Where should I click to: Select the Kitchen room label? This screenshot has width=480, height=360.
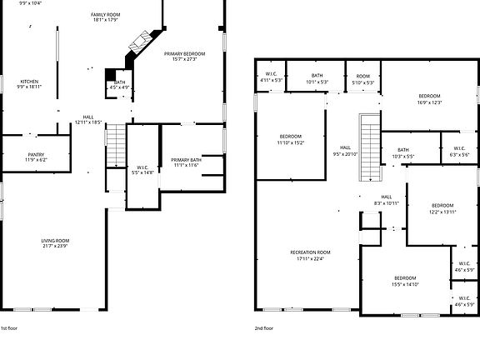[x=28, y=83]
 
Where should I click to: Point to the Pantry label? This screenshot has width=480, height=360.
[x=36, y=157]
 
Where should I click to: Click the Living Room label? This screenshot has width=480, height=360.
[x=55, y=243]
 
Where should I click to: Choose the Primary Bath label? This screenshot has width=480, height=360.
[x=185, y=162]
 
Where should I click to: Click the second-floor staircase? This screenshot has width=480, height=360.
[x=367, y=147]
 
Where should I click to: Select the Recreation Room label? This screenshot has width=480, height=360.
[x=310, y=254]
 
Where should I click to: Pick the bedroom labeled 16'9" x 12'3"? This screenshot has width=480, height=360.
[x=430, y=99]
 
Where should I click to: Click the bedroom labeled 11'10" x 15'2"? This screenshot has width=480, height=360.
[x=290, y=139]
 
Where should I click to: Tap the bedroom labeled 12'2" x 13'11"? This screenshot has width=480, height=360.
[x=442, y=208]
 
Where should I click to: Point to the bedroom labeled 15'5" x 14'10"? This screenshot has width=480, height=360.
[x=406, y=281]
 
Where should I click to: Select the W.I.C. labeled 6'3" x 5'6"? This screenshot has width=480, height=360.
[x=459, y=152]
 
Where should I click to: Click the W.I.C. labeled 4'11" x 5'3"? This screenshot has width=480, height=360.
[x=271, y=77]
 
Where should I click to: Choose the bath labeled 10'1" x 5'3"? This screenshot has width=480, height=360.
[x=317, y=77]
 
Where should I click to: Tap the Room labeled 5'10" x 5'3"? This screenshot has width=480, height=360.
[x=363, y=77]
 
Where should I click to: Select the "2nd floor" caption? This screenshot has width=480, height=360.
[x=264, y=328]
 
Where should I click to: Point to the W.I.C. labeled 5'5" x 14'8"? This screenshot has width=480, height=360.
[x=142, y=170]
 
